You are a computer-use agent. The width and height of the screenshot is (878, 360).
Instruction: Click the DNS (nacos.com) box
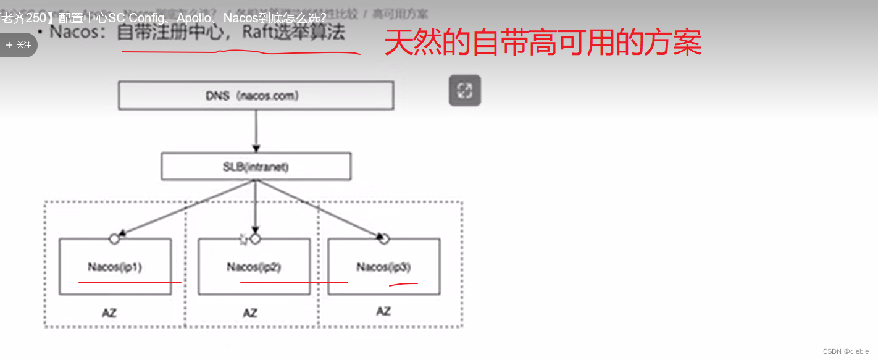tap(256, 96)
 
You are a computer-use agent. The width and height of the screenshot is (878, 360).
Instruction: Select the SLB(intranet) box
tap(256, 167)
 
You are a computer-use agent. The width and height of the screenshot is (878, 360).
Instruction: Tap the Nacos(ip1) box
tap(115, 267)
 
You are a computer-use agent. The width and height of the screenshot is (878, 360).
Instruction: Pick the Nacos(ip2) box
tap(254, 267)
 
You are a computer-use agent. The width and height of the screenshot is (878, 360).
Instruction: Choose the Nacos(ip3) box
tap(383, 267)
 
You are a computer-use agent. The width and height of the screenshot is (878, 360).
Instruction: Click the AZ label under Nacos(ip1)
tap(109, 313)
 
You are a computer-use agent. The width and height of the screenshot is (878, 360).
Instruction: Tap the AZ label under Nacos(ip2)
tap(249, 313)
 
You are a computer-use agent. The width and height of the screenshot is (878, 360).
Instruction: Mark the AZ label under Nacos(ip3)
tap(383, 311)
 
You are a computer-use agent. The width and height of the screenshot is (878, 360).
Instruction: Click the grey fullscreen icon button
tap(464, 91)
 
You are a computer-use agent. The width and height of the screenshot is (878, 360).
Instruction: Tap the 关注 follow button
tap(19, 45)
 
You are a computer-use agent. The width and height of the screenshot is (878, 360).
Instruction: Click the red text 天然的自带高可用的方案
tap(543, 44)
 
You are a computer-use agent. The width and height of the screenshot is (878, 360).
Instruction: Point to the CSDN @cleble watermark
tap(845, 351)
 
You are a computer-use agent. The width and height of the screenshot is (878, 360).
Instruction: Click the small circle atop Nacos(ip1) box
tap(114, 239)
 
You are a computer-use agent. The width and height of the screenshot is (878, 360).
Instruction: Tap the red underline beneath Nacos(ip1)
tap(130, 282)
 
